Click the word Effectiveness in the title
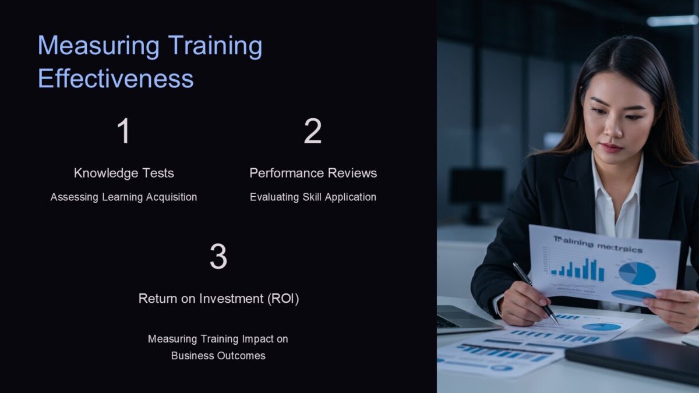tap(115, 79)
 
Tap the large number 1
tap(123, 132)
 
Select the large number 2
tap(313, 132)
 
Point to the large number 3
tap(218, 257)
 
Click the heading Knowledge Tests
tap(123, 173)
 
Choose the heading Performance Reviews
tap(313, 173)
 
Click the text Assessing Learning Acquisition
tap(123, 197)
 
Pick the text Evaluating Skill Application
tap(313, 197)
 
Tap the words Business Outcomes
tap(218, 355)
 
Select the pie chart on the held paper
tap(637, 273)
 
